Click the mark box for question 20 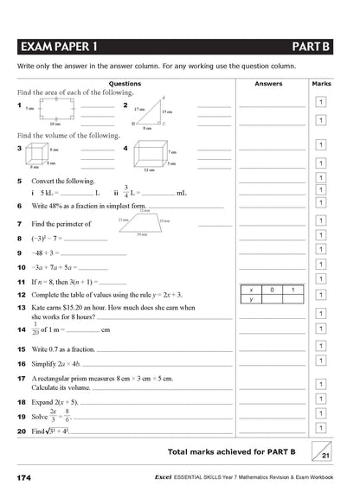click(320, 427)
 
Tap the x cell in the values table click(250, 290)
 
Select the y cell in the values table click(250, 299)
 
